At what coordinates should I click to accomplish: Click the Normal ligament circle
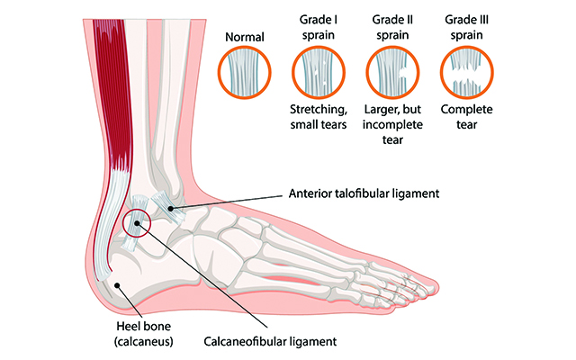[x=245, y=72]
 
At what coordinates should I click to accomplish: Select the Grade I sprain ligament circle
[x=318, y=72]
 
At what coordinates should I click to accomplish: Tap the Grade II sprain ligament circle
[x=391, y=72]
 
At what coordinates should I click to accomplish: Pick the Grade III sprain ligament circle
[x=465, y=72]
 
